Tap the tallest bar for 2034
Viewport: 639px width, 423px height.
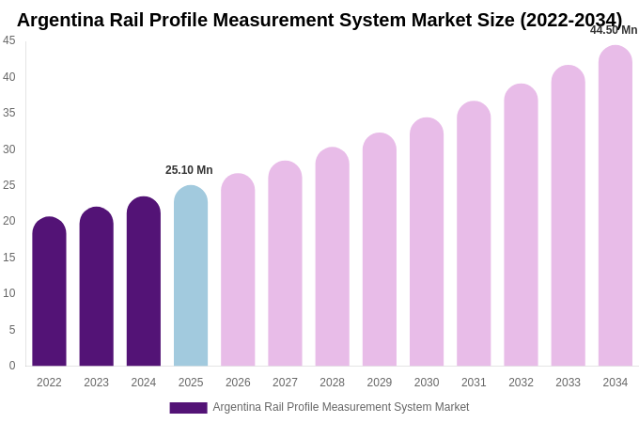(x=616, y=206)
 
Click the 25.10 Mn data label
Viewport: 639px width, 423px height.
(x=189, y=170)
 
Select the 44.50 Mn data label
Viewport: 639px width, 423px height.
(x=614, y=30)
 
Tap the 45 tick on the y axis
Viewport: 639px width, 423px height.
(x=9, y=40)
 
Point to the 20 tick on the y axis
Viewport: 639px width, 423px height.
(x=9, y=221)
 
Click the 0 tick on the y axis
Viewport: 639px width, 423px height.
(x=12, y=366)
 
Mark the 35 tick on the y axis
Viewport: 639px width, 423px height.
(x=9, y=113)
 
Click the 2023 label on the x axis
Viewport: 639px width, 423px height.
(x=97, y=383)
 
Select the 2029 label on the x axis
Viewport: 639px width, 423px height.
(x=380, y=383)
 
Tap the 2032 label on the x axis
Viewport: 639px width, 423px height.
(x=521, y=383)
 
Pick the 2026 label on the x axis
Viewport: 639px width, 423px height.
(x=238, y=383)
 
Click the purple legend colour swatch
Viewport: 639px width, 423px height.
(x=188, y=408)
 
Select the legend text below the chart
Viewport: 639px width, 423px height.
(x=340, y=407)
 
